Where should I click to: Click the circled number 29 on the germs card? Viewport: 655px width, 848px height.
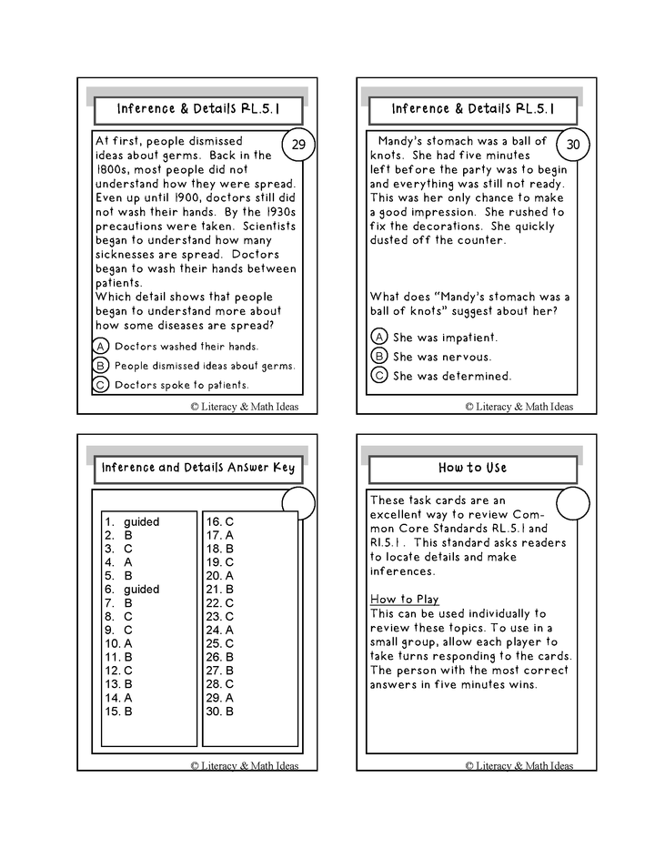pyautogui.click(x=298, y=145)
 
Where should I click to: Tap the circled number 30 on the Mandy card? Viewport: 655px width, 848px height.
pyautogui.click(x=573, y=145)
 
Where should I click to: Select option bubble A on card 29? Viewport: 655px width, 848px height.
pyautogui.click(x=101, y=346)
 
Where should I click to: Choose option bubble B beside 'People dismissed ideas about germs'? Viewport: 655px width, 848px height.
pyautogui.click(x=101, y=366)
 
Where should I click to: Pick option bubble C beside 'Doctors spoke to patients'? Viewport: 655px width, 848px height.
pyautogui.click(x=101, y=385)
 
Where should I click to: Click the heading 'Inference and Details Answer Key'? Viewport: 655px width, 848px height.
pyautogui.click(x=198, y=469)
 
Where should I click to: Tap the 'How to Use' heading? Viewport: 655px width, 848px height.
pyautogui.click(x=472, y=469)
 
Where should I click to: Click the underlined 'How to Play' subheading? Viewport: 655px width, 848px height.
pyautogui.click(x=404, y=600)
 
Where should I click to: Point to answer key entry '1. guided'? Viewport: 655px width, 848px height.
pyautogui.click(x=133, y=522)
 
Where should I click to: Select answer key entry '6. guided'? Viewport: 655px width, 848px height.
pyautogui.click(x=133, y=590)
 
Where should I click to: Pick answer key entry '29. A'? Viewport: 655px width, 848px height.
pyautogui.click(x=220, y=698)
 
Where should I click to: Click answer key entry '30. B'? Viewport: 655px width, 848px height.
pyautogui.click(x=220, y=712)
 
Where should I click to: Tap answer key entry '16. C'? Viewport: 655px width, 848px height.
pyautogui.click(x=220, y=522)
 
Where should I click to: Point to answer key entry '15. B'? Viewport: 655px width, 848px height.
pyautogui.click(x=119, y=712)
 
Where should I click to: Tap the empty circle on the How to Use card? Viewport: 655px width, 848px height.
pyautogui.click(x=573, y=503)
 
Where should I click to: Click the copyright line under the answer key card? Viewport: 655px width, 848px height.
pyautogui.click(x=245, y=766)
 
